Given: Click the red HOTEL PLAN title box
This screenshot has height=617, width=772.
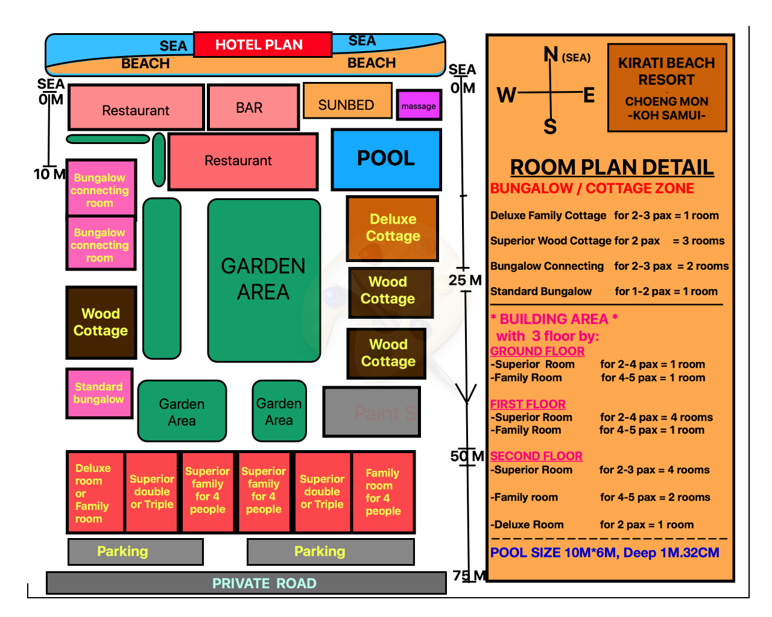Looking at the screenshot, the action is coord(262,45).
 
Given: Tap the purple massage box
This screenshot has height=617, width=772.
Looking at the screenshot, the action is coord(419,105).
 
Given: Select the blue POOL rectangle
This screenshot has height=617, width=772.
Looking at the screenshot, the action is coord(386,160).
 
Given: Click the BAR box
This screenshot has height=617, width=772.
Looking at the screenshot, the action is coord(253,107).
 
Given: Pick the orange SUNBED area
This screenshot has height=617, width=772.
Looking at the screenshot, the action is coord(347,101).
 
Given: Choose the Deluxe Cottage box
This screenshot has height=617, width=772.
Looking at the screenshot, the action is coord(392,228).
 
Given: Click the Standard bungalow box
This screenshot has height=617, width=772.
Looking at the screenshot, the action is coord(100,393).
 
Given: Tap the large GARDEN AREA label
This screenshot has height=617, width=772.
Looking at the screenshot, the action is coord(263,279).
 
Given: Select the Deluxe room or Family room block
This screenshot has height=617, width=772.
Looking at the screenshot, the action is coord(95,492).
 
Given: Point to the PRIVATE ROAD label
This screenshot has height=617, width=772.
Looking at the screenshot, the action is coord(264,583).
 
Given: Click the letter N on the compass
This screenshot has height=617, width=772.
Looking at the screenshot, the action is coord(551,54).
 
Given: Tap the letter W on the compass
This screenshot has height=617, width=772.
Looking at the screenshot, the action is coord(506,95).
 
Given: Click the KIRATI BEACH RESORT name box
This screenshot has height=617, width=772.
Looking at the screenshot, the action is coord(667,88).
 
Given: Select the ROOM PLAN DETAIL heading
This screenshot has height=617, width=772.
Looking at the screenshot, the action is coord(612,167).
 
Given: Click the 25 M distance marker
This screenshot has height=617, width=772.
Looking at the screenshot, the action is coord(465,280).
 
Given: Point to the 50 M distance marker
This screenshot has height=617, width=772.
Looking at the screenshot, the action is coord(467,456).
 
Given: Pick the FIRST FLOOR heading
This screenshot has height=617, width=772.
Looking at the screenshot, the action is coord(528,404).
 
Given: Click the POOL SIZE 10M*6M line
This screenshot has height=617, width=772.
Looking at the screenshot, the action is coord(604,553).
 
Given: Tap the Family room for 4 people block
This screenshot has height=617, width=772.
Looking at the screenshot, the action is coord(383,492).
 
